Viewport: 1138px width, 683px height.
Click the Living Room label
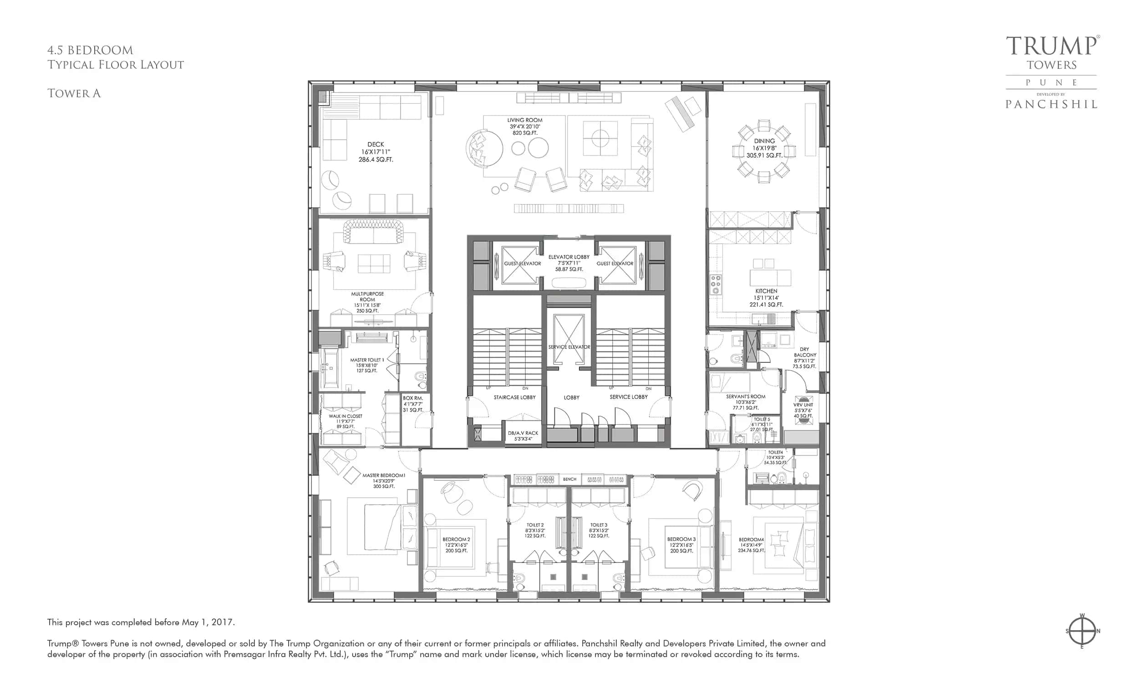click(524, 126)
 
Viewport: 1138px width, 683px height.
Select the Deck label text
click(376, 152)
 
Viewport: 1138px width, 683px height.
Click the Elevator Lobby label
click(569, 263)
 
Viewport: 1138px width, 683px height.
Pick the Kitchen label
click(766, 297)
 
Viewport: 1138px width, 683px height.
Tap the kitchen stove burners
click(715, 285)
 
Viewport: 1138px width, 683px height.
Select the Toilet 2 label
click(535, 530)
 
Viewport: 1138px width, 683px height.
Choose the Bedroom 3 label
click(681, 545)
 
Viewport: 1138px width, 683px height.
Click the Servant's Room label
click(746, 402)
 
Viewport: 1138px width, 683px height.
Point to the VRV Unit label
click(803, 410)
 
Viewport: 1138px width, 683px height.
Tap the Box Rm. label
click(412, 403)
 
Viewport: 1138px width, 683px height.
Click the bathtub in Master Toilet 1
click(330, 368)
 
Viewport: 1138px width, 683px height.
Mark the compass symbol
click(1082, 631)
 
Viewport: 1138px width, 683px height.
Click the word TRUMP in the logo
click(1052, 46)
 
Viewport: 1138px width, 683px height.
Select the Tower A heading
click(74, 93)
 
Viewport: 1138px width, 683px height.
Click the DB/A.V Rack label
click(523, 435)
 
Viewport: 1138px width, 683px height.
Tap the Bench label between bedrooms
click(569, 479)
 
